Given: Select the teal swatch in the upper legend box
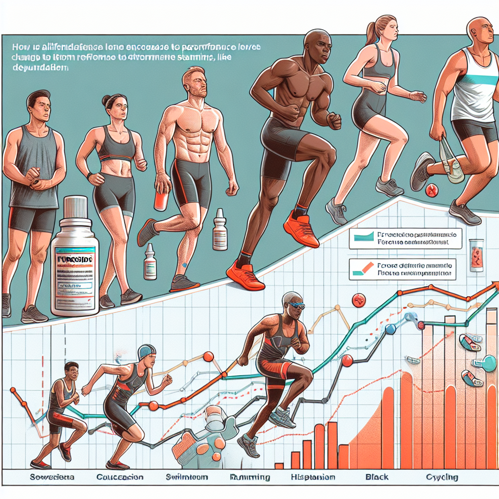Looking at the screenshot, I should pos(363,237).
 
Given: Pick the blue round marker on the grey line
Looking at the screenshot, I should pos(390,329).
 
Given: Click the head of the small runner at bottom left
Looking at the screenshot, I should pos(71,373).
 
